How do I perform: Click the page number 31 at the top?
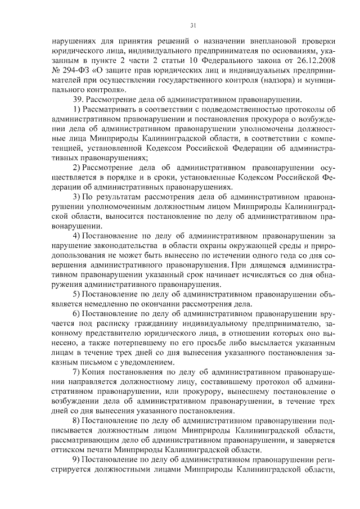[192, 25]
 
